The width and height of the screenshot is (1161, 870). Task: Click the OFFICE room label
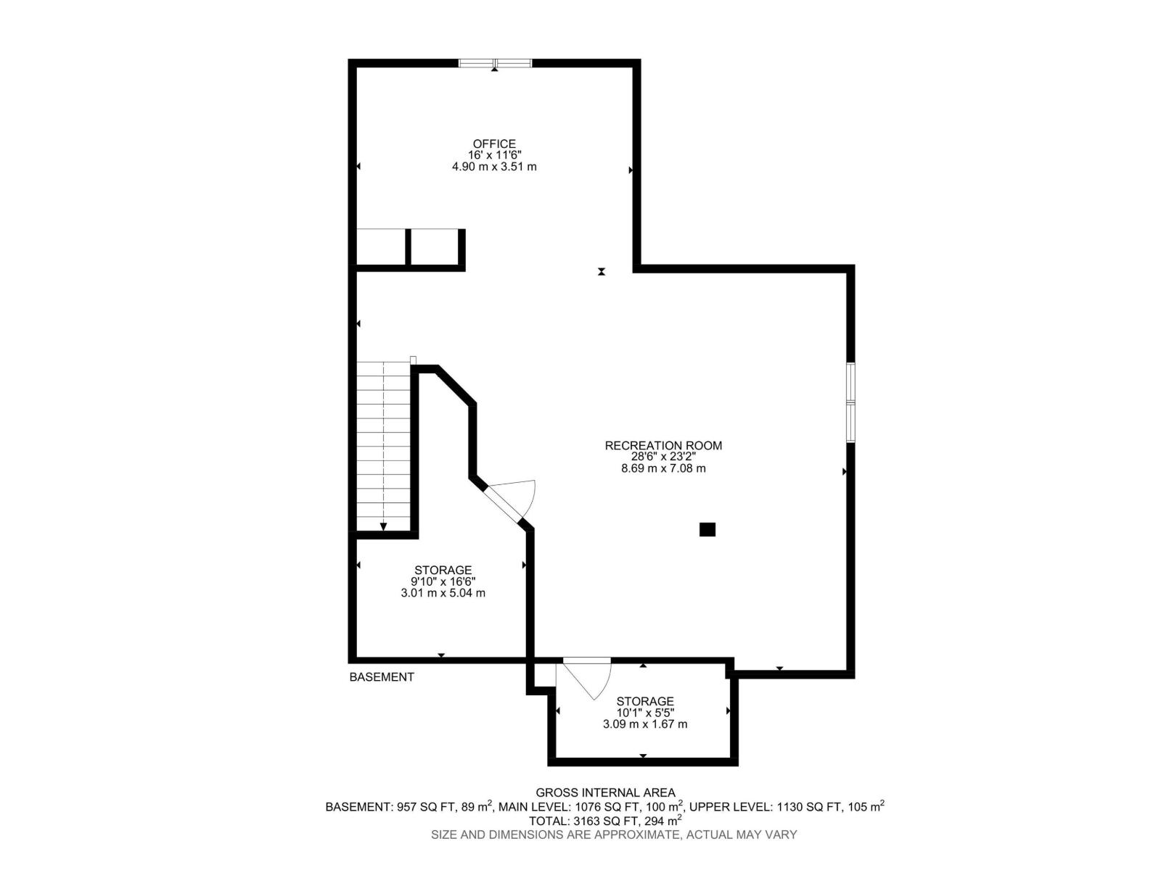[494, 144]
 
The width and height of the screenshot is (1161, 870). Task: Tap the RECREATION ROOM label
[663, 445]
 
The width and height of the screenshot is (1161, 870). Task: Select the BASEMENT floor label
[382, 676]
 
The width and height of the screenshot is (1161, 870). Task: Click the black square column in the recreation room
[707, 529]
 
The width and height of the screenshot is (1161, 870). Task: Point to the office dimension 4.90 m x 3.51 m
[494, 167]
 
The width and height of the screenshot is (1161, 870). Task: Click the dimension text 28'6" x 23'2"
[663, 457]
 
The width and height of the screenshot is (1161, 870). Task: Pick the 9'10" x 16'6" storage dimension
[443, 581]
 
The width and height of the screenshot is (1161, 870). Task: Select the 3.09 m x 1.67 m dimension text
[645, 724]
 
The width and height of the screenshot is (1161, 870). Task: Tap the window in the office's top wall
[495, 63]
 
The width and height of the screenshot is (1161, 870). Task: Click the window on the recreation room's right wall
[850, 402]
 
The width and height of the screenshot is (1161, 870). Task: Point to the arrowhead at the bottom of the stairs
[383, 526]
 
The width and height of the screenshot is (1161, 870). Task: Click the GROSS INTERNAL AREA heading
[606, 793]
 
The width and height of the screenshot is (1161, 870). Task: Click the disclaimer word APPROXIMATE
[635, 835]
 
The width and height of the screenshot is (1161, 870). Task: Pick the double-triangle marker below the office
[602, 272]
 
